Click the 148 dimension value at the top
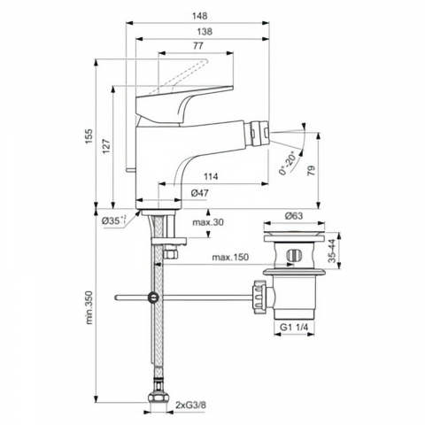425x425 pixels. [199, 16]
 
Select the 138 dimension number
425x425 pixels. [205, 32]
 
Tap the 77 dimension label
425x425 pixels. [198, 46]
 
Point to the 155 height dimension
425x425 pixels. [89, 136]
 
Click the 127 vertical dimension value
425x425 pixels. [106, 145]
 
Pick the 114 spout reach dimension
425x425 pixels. [211, 176]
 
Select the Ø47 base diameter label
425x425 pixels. [200, 193]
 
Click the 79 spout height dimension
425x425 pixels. [312, 171]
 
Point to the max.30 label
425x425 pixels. [208, 222]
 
